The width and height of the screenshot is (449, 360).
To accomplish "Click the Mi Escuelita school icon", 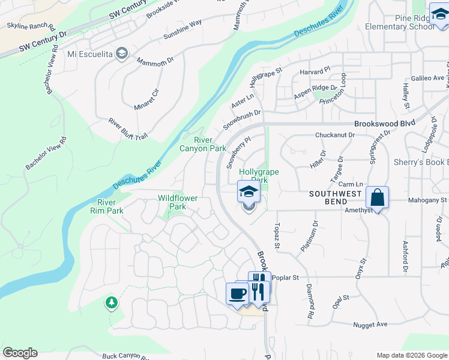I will [122, 54].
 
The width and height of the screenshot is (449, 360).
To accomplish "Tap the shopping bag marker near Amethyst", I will [377, 197].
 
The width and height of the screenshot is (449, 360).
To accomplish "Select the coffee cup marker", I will [237, 293].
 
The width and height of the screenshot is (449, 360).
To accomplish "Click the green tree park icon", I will [111, 302].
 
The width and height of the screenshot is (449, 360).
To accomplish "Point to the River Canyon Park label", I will [202, 144].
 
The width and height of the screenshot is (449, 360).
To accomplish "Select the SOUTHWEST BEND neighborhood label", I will [336, 194].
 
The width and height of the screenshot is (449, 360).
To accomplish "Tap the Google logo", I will [20, 353].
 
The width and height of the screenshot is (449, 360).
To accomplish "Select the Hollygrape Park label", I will [259, 175].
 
